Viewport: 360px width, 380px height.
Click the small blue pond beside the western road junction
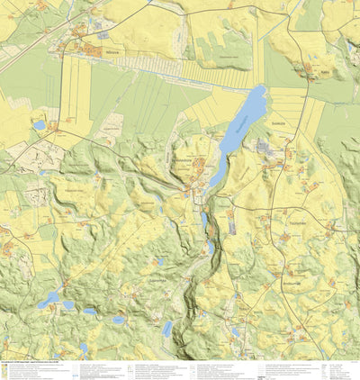coord(39,125)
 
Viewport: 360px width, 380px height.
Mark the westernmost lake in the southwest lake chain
coord(50,298)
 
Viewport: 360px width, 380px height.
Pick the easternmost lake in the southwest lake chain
coord(118,319)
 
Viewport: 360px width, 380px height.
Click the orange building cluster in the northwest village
coord(94,51)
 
